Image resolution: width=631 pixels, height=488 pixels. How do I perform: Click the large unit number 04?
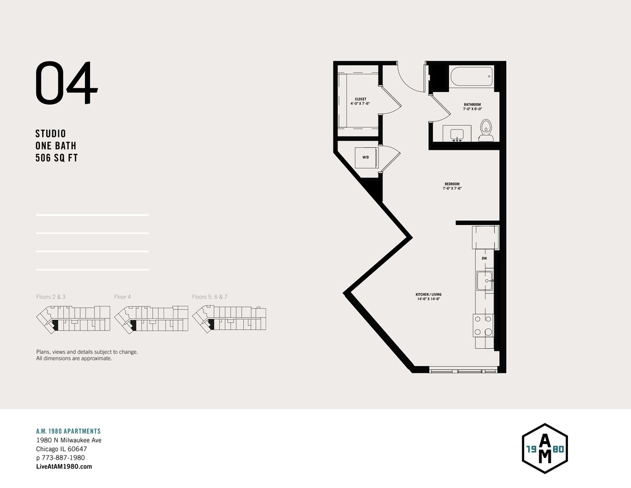point(66,84)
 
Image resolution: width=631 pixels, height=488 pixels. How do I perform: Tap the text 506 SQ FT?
point(57,158)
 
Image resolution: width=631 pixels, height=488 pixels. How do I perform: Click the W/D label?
point(365,157)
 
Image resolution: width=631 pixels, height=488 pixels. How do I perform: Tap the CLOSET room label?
point(361,101)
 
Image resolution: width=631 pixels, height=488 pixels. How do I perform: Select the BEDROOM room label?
point(452,186)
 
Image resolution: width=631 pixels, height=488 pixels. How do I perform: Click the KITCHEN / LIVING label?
point(428,297)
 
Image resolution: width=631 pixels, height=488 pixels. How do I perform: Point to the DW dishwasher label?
point(484,258)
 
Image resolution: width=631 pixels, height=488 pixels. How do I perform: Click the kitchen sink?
point(484,281)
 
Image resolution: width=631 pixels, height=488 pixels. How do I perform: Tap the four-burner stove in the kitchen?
point(484,325)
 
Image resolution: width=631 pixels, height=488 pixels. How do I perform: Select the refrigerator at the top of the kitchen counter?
point(484,237)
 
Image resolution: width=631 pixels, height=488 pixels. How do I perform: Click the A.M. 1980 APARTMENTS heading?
point(68,431)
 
